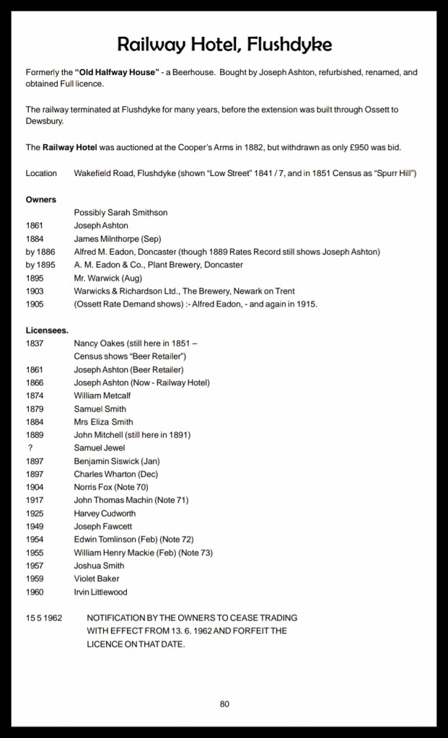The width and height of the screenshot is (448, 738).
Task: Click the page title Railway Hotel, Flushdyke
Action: point(224,45)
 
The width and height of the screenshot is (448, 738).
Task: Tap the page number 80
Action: point(224,704)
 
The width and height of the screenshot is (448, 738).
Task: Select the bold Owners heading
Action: point(41,199)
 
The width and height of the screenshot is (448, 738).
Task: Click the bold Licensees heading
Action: point(48,330)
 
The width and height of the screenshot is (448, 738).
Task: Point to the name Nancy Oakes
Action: point(97,343)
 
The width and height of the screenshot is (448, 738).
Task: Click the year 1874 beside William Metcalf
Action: point(35,396)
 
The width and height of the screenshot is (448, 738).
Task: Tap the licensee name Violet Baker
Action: point(97,579)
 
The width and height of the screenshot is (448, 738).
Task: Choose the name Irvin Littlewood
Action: point(100,592)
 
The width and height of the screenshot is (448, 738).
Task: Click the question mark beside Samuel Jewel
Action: point(30,448)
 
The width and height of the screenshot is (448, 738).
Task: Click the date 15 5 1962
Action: point(44,618)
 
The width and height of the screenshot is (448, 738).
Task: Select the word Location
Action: point(41,173)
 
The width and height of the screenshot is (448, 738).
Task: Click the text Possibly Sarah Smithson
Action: point(120,213)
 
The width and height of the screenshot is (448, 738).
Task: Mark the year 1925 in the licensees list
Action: point(35,514)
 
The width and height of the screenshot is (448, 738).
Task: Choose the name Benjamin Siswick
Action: point(105,461)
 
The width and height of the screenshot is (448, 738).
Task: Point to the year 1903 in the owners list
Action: point(35,291)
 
